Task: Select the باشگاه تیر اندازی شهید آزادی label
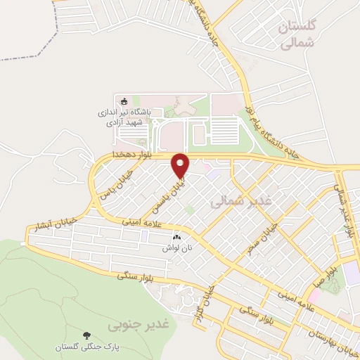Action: [123, 117]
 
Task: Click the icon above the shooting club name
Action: [124, 101]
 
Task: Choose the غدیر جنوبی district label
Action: [141, 325]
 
